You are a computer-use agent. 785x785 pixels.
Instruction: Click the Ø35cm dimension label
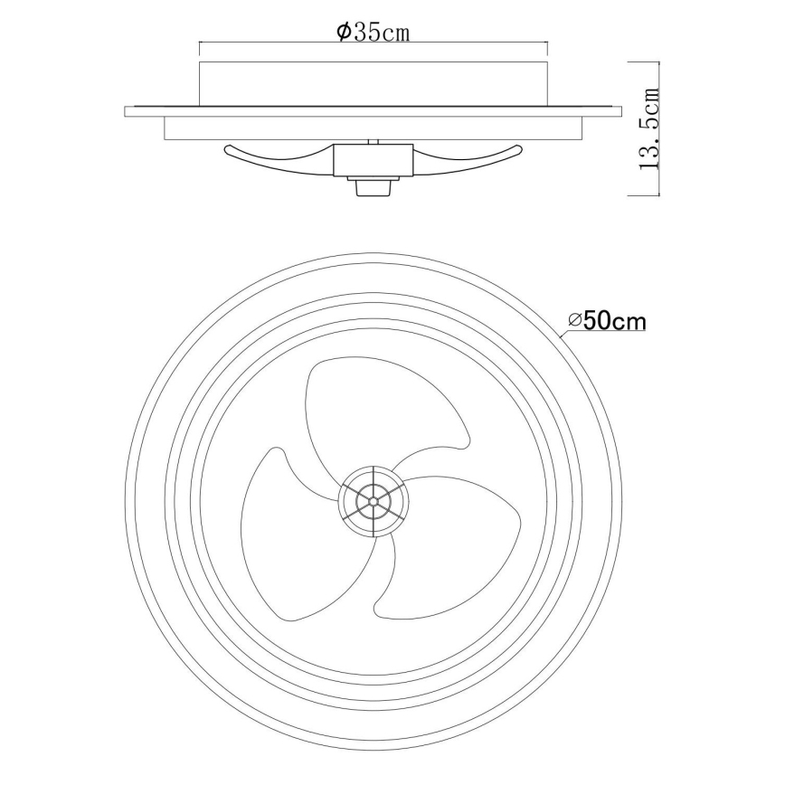[373, 33]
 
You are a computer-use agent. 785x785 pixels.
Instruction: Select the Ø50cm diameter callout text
[607, 321]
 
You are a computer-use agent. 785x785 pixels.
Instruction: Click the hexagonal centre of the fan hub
[373, 497]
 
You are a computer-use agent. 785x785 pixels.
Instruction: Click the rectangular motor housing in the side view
[373, 161]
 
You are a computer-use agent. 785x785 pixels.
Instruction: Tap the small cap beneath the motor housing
[373, 185]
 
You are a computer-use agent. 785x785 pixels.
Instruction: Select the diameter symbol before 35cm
[344, 33]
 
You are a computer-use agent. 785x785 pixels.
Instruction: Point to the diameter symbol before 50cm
[575, 321]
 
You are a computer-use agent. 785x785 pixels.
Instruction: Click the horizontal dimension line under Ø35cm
[373, 43]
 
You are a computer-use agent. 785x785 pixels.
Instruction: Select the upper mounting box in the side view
[373, 83]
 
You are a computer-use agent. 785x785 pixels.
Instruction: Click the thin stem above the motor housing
[373, 142]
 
